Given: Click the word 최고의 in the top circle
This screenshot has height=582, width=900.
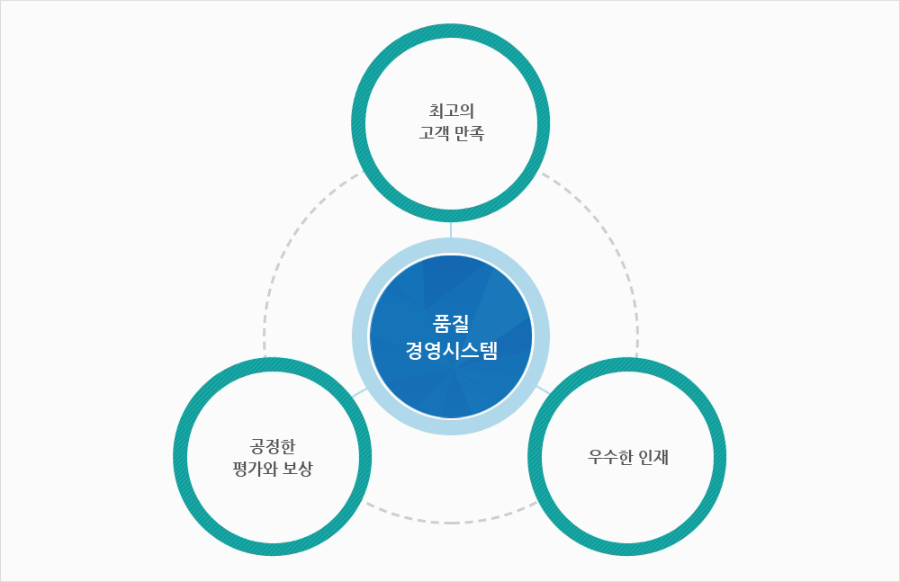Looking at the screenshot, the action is pos(451,111).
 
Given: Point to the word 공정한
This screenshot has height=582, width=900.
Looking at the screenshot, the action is pos(272,446).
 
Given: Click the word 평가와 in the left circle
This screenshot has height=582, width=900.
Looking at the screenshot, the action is pos(255,469).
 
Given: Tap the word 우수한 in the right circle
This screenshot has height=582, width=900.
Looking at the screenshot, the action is pos(610,458).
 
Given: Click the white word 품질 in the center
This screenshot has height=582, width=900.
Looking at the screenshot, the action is pos(451,324).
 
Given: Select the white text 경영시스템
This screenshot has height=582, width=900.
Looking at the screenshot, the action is pos(451,350).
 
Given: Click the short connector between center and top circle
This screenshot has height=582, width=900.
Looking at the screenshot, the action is pos(451,229).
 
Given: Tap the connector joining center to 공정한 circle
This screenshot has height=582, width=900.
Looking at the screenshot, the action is pos(360,392).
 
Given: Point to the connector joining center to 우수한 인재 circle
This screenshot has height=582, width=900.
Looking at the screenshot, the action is pos(543,390).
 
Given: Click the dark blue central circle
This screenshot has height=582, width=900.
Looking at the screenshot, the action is pos(451,336).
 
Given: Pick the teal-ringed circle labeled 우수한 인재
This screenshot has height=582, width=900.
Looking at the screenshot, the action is pos(627,457).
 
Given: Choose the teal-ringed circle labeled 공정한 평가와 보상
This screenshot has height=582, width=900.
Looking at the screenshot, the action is pos(272,457).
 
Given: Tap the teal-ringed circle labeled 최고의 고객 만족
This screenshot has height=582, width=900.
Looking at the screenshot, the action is pos(451,123).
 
